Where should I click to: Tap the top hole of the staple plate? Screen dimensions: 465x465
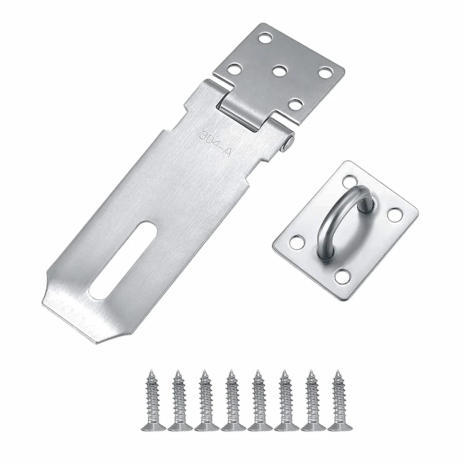pyautogui.click(x=350, y=181)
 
